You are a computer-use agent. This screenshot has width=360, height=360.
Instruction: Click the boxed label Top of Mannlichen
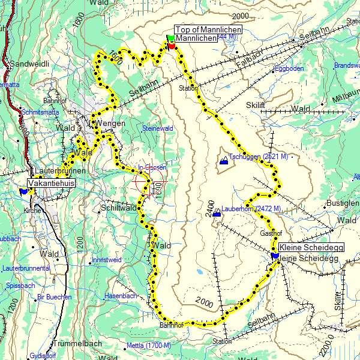pyautogui.click(x=208, y=29)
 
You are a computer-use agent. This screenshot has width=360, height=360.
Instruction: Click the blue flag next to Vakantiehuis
pyautogui.click(x=23, y=191)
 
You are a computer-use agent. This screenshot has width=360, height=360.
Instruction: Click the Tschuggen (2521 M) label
pyautogui.click(x=260, y=157)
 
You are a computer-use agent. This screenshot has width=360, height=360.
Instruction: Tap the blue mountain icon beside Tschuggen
pyautogui.click(x=224, y=161)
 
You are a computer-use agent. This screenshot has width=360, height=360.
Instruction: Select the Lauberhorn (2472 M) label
pyautogui.click(x=251, y=209)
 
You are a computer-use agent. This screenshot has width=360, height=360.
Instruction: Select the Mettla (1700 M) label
pyautogui.click(x=149, y=346)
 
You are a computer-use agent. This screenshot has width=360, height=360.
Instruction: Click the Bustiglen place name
pyautogui.click(x=342, y=204)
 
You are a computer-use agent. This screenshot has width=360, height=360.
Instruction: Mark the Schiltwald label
pyautogui.click(x=119, y=207)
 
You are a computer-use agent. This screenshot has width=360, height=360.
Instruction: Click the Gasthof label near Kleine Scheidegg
pyautogui.click(x=271, y=233)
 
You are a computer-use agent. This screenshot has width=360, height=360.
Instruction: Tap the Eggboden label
pyautogui.click(x=289, y=68)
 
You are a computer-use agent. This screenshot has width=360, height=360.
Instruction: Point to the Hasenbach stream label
pyautogui.click(x=121, y=296)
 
